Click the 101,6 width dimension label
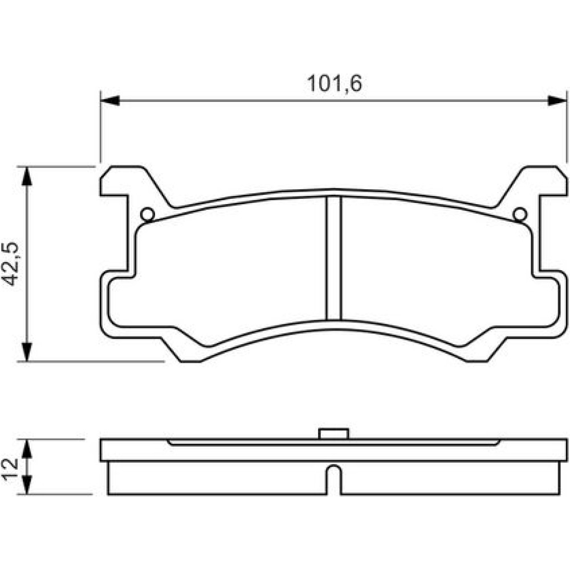click(x=335, y=84)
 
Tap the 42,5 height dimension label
click(x=10, y=263)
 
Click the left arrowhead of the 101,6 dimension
click(x=110, y=101)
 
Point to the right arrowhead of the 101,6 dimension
click(x=557, y=101)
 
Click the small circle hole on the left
click(x=148, y=214)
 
